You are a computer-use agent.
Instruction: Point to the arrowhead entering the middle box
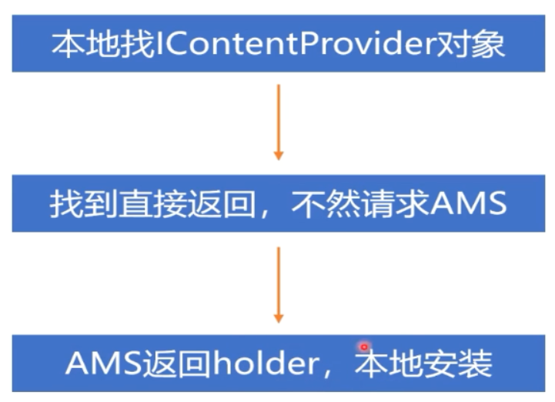point(279,155)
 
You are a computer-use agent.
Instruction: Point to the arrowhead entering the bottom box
point(279,317)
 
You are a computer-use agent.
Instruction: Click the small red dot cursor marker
point(364,347)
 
